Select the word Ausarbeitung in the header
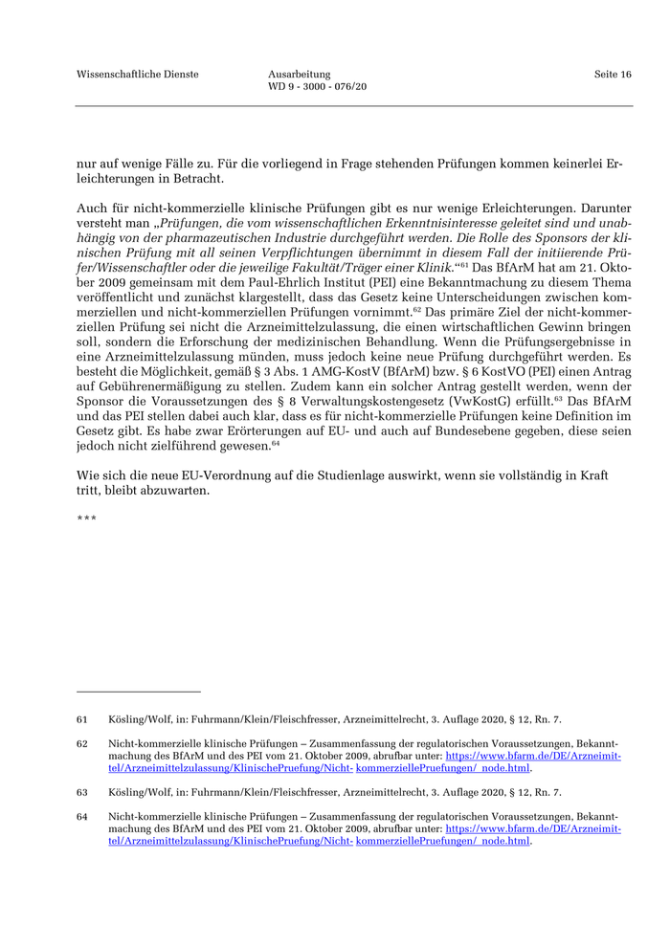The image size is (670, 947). click(300, 74)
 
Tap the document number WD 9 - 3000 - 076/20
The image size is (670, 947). click(318, 86)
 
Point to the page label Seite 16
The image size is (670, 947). click(613, 74)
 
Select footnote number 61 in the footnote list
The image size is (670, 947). click(82, 719)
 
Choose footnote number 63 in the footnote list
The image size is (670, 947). click(82, 792)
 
